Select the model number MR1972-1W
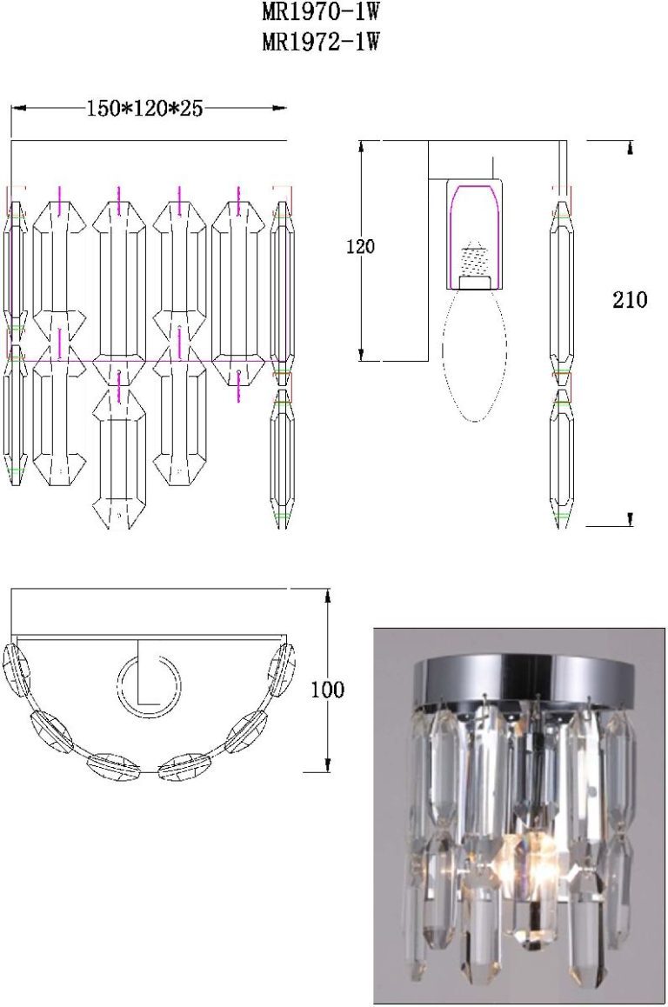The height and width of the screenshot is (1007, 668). [x=320, y=42]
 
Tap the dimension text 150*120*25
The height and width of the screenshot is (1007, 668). [x=144, y=109]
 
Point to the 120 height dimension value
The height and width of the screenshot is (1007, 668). [x=360, y=246]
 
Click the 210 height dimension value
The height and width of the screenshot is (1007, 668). [x=630, y=300]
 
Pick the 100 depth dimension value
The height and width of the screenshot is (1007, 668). [x=328, y=690]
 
